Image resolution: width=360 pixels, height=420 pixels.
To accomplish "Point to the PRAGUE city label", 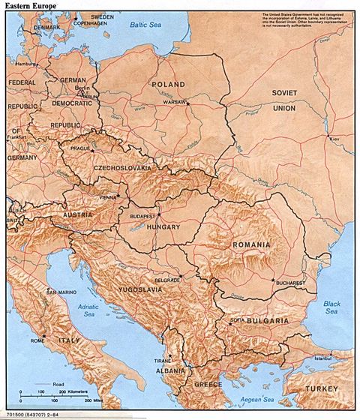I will tap(79, 148).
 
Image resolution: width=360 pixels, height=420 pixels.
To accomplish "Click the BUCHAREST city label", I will tap(289, 283).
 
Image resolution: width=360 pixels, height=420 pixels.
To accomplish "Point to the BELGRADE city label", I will tap(167, 279).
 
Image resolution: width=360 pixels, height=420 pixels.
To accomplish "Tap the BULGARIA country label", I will tap(265, 320).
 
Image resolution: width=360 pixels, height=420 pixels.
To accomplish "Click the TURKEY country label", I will tap(324, 388).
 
